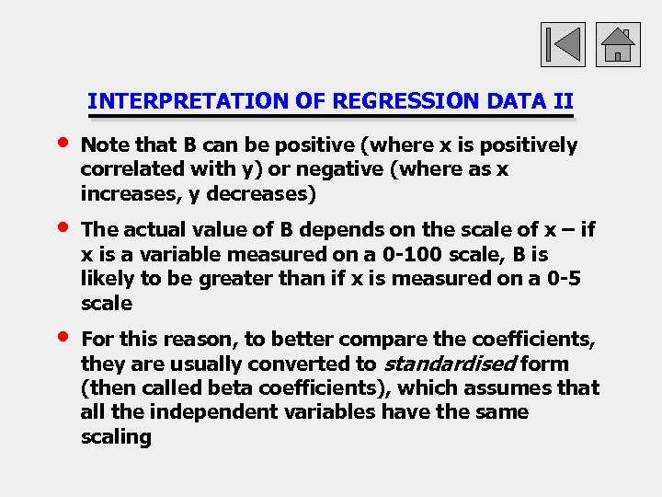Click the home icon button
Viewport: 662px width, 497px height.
pos(618,44)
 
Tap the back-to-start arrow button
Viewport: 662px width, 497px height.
pos(561,44)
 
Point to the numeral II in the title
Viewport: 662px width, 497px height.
pos(564,101)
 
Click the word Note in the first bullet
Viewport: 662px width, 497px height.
pos(104,145)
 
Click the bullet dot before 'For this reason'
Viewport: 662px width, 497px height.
pos(62,337)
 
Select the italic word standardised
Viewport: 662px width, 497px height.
pos(449,364)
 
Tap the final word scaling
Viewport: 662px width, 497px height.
pos(116,436)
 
